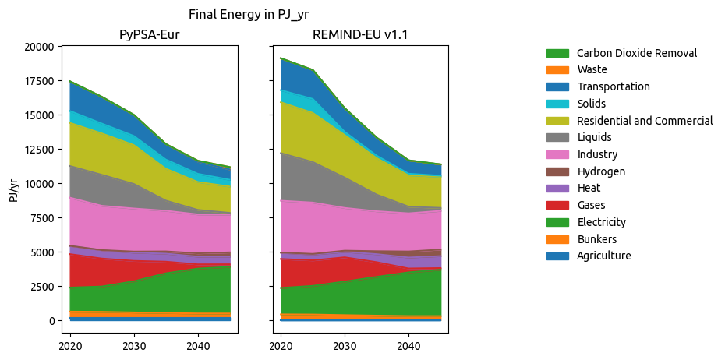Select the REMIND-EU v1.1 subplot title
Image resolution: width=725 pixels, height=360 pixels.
[x=359, y=34]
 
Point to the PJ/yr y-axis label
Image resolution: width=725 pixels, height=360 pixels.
[x=14, y=189]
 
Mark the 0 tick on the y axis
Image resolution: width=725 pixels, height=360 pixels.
[x=51, y=321]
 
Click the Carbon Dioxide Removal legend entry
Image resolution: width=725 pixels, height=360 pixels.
[x=636, y=53]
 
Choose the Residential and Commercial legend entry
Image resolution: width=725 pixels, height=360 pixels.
[x=644, y=121]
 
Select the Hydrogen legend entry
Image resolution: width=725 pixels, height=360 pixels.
[x=600, y=171]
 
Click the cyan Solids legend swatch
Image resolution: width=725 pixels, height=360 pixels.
[x=557, y=104]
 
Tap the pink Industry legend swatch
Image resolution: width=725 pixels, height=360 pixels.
[x=557, y=154]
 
